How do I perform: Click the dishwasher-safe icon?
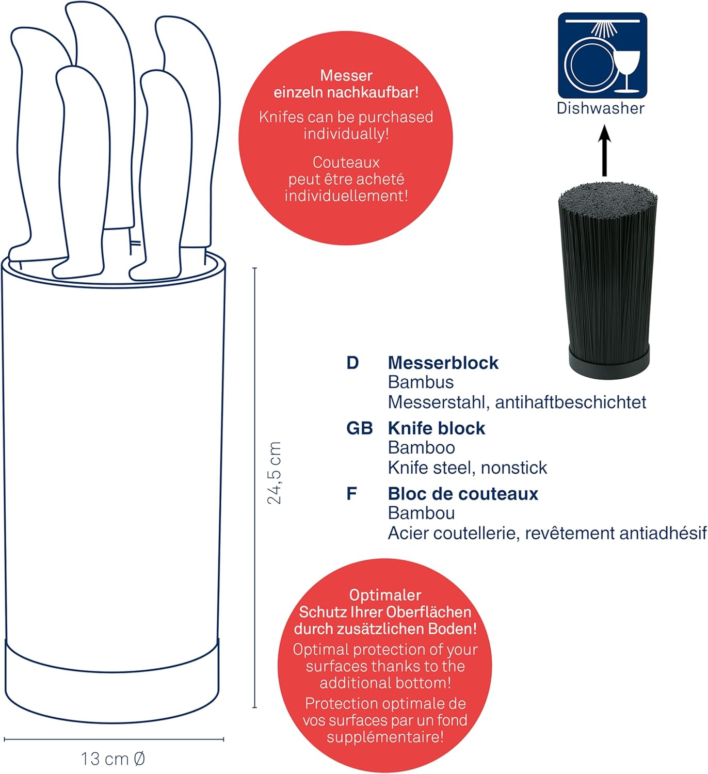602,55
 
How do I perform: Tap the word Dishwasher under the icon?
601,108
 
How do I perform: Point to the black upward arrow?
605,151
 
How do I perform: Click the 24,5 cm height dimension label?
275,473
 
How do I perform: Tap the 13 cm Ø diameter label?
113,759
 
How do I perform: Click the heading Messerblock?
443,363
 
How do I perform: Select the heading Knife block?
436,428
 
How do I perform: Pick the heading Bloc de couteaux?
463,494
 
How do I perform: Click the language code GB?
359,428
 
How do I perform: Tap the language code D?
352,363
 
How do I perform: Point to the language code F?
352,494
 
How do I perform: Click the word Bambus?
421,382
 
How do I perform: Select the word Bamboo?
422,448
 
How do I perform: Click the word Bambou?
422,513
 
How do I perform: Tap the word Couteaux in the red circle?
346,163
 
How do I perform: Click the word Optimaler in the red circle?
385,595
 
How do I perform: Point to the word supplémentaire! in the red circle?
385,737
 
